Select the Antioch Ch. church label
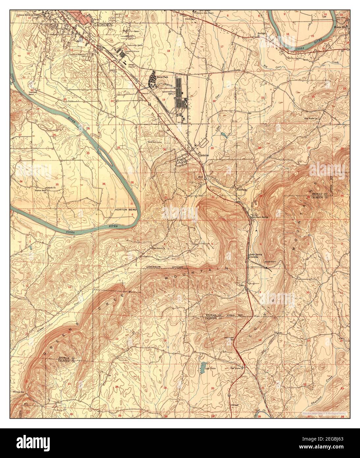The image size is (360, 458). [x=40, y=188]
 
